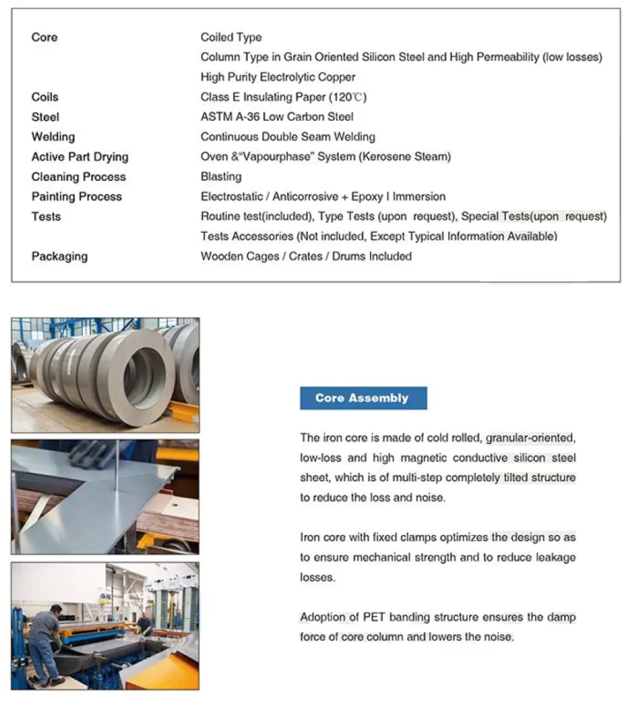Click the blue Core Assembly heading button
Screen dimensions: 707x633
tap(363, 398)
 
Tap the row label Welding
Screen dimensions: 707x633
tap(53, 137)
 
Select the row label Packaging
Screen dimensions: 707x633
tap(59, 256)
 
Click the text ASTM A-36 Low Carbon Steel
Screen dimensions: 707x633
tap(277, 117)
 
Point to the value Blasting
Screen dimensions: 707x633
tap(221, 177)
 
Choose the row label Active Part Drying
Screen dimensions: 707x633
tap(79, 157)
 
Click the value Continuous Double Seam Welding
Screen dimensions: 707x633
tap(288, 137)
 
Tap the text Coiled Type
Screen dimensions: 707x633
tap(231, 37)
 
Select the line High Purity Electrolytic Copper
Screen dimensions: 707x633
tap(277, 77)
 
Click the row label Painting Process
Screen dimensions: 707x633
tap(77, 197)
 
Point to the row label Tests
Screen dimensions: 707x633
tap(46, 217)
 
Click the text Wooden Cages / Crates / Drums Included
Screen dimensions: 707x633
tap(306, 256)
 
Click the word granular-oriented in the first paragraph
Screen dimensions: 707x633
tap(530, 438)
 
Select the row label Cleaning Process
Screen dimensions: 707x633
tap(79, 177)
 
